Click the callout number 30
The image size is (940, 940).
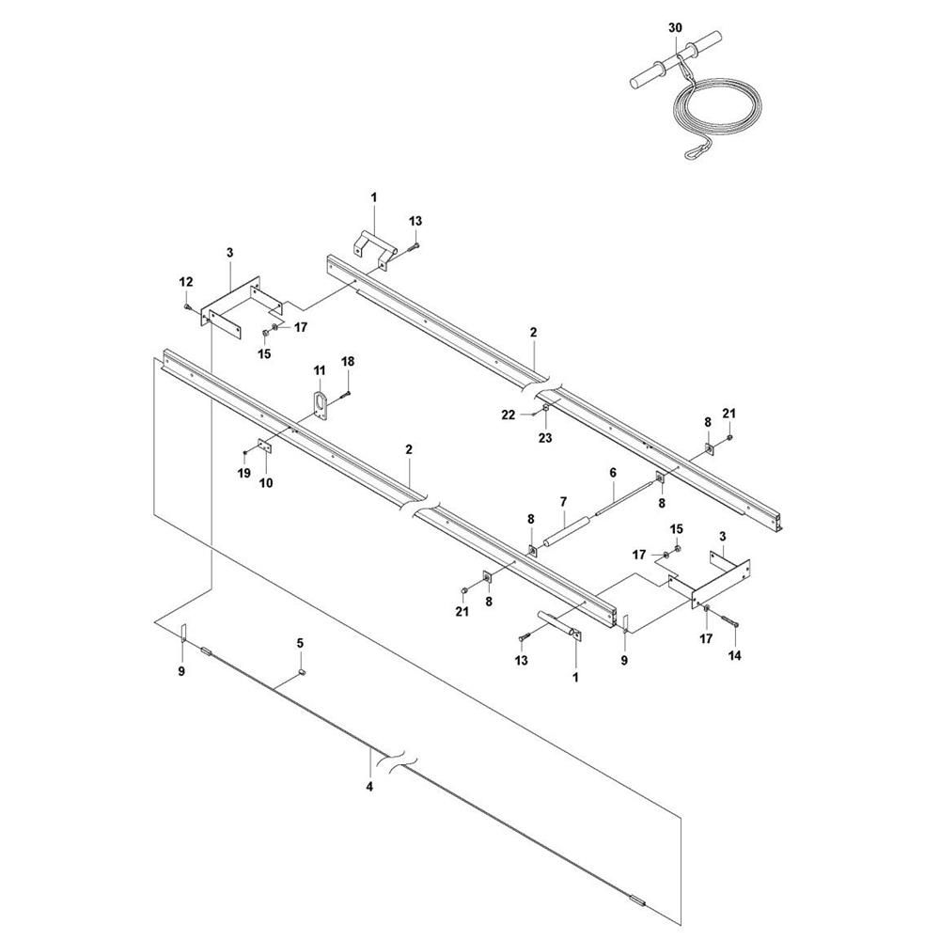coord(675,28)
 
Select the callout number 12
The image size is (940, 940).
coord(186,281)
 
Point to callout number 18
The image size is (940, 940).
coord(348,362)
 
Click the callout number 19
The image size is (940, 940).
coord(244,474)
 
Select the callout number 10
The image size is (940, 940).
coord(266,482)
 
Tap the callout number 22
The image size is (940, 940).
coord(509,415)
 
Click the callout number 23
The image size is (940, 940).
coord(545,438)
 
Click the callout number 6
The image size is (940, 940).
coord(613,473)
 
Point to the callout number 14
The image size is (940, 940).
coord(734,655)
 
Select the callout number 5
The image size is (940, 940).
coord(301,643)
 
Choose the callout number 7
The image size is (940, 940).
coord(563,501)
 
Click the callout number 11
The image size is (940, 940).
coord(319,371)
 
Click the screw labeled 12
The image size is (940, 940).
coord(187,306)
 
